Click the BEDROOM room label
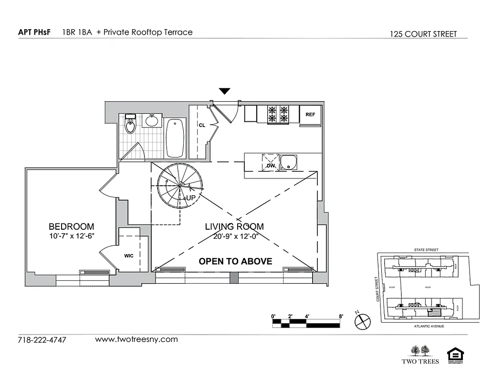[x=71, y=226]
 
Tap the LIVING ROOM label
[x=234, y=226]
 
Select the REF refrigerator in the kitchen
[x=310, y=115]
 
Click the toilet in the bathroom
[x=130, y=125]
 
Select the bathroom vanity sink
[x=152, y=121]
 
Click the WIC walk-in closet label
[x=129, y=255]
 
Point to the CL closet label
[x=202, y=125]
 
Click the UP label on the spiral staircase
[x=191, y=197]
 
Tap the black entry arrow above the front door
[x=224, y=91]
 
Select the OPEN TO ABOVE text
[x=235, y=261]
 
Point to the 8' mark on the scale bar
[x=341, y=316]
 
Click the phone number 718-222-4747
[x=42, y=340]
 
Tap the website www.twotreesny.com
[x=137, y=340]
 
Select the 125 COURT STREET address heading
[x=423, y=34]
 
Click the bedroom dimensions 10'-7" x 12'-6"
[x=71, y=236]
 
